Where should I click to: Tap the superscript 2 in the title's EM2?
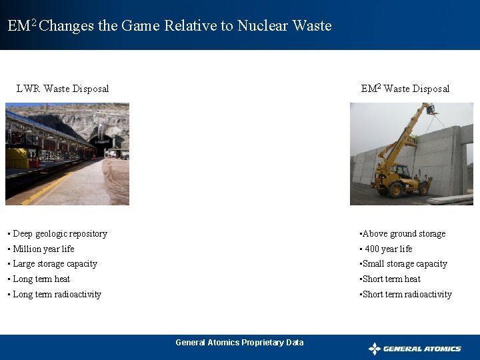tap(34, 23)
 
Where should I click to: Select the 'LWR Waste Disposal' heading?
tap(63, 89)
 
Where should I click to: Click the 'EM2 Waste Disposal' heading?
tap(405, 89)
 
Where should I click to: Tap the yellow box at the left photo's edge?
tap(17, 158)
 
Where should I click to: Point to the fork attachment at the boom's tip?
tap(431, 109)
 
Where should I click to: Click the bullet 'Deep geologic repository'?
tap(59, 234)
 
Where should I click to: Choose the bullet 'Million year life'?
tap(43, 249)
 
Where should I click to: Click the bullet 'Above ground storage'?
tap(403, 234)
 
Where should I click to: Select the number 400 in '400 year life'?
tap(372, 249)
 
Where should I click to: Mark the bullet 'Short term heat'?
tap(391, 279)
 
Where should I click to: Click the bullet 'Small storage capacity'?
tap(404, 264)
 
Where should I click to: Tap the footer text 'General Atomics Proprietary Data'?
tap(239, 343)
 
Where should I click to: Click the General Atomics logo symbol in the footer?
tap(375, 349)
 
